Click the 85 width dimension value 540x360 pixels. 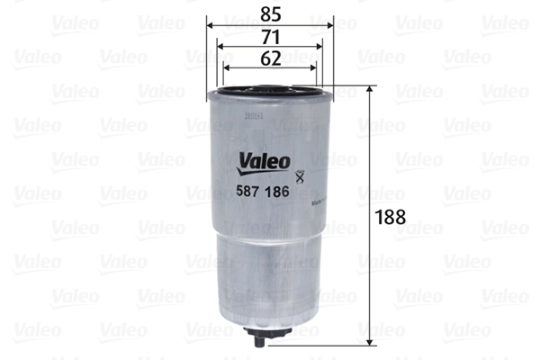[x=269, y=13]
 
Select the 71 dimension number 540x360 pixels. [x=269, y=37]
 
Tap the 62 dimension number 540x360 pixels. [x=269, y=58]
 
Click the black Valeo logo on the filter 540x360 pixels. [x=264, y=163]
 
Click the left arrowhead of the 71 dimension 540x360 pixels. [x=219, y=48]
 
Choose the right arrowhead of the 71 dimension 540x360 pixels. [x=319, y=48]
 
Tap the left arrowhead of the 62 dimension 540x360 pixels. [x=226, y=69]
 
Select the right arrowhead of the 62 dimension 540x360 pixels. [x=312, y=69]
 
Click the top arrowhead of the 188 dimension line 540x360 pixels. [x=370, y=90]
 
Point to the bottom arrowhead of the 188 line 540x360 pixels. [x=370, y=341]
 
